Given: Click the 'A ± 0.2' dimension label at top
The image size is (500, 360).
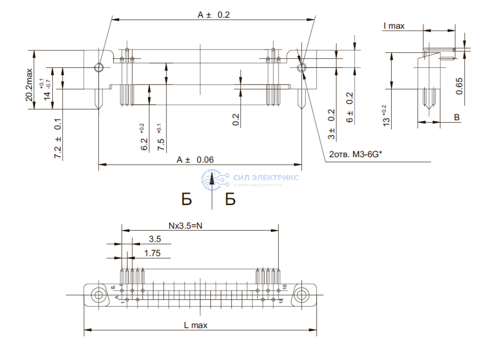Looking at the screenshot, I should point(213,15).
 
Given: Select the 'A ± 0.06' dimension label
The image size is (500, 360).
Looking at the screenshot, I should point(195,160).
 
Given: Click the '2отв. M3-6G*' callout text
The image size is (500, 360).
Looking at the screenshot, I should point(355,155).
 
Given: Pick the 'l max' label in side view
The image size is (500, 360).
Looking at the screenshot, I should point(394,26).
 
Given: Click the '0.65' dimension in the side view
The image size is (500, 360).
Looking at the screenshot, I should point(459,85).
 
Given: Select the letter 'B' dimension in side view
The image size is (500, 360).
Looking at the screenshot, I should point(457,117).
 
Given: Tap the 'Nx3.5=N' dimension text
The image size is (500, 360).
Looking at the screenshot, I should point(187,226).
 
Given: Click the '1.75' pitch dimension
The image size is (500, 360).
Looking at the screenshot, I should point(153,253).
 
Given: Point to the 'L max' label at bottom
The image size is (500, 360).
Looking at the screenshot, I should point(195,325).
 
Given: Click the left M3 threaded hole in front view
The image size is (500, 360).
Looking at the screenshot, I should point(99,67).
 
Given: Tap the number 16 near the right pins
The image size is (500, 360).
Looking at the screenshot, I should point(284,287).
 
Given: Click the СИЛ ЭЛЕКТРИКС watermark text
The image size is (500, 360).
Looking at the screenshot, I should point(266,177).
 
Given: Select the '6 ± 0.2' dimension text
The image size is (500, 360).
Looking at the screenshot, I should point(350,107).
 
